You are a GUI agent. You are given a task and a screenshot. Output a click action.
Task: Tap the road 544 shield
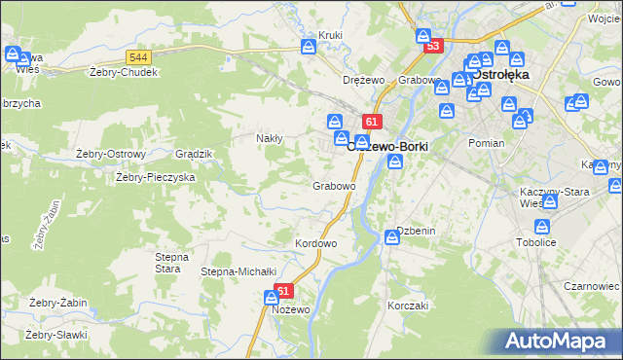[x=137, y=57]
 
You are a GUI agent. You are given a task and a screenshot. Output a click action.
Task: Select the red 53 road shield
[x=433, y=46]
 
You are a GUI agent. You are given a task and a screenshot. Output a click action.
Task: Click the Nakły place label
[x=269, y=138]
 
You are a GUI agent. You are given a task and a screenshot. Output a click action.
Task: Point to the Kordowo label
[x=315, y=242]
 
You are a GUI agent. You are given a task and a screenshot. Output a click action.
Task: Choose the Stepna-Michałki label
[x=239, y=271]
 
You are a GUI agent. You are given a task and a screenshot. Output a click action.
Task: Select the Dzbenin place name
[x=415, y=231]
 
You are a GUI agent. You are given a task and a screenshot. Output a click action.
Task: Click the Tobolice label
[x=536, y=242]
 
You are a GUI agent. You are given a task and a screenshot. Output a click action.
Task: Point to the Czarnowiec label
[x=592, y=287]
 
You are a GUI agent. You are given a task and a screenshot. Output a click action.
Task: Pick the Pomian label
[x=486, y=143]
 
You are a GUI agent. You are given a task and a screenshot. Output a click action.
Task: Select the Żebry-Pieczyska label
[x=156, y=177]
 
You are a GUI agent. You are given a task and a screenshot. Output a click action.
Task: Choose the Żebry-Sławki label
[x=56, y=335]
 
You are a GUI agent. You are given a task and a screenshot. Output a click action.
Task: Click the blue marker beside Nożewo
[x=271, y=299]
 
